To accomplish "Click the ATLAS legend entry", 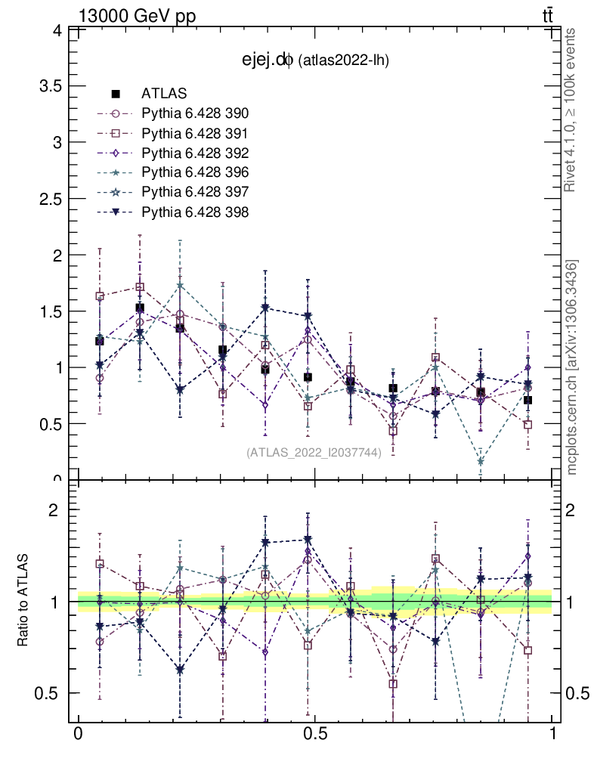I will tap(164, 94).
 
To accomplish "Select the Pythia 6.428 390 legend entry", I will tap(195, 113).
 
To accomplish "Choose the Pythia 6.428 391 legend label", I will tap(195, 133).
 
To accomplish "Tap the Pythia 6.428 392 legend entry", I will tap(195, 153).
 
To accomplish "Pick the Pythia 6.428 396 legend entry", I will tap(195, 172).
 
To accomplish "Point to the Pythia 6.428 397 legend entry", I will tap(195, 192).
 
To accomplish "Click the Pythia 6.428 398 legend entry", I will tap(195, 212).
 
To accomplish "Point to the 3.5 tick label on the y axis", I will tap(48, 85).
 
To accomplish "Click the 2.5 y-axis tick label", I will tap(48, 198).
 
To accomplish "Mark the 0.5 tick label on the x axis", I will tap(314, 735).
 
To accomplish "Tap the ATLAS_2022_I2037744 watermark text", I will tap(314, 452).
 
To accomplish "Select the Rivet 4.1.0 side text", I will tap(572, 110).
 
